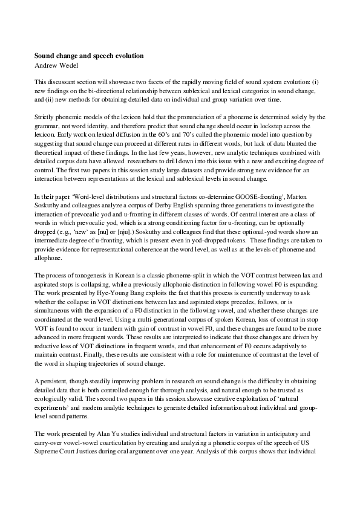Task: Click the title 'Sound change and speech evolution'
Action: pos(89,56)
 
